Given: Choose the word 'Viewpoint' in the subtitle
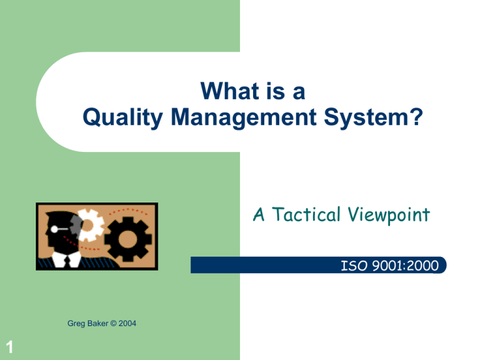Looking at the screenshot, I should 391,216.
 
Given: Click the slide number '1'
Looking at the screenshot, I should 7,344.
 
